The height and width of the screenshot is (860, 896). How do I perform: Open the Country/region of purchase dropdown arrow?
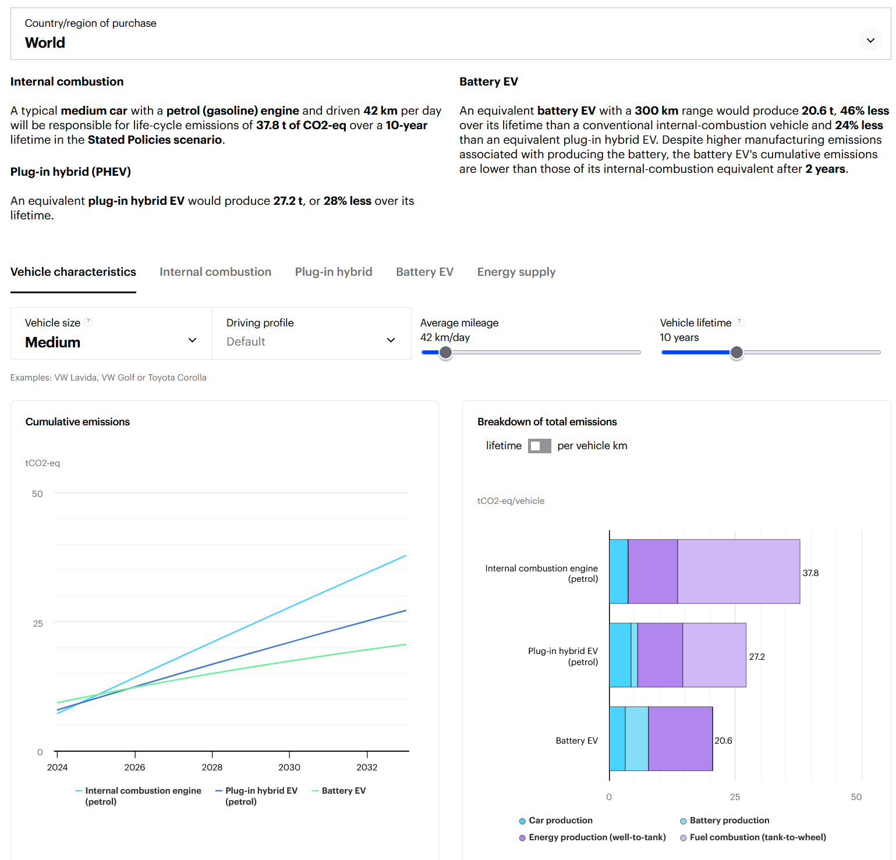coord(870,40)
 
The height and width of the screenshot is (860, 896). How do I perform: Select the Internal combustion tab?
coord(215,272)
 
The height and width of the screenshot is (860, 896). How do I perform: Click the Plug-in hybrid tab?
coord(334,272)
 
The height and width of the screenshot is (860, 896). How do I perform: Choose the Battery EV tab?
coord(424,272)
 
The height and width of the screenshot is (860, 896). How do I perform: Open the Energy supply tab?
coord(516,272)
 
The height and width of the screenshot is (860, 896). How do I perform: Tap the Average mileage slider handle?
coord(445,352)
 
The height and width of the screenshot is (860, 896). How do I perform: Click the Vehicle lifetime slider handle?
coord(736,352)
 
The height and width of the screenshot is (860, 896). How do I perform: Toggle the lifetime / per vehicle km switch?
coord(539,446)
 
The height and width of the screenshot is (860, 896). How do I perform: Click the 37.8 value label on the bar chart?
coord(810,573)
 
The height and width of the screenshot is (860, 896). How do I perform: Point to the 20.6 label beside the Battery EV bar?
coord(724,741)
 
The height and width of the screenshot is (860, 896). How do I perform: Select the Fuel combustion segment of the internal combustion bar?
coord(738,571)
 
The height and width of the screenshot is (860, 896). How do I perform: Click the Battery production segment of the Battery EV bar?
coord(636,739)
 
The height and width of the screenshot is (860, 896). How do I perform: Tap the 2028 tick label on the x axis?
coord(212,767)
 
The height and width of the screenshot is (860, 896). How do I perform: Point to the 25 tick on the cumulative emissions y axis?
coord(38,624)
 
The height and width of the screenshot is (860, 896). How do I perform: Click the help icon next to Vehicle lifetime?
coord(739,321)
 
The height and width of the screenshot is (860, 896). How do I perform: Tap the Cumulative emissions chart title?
coord(77,422)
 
